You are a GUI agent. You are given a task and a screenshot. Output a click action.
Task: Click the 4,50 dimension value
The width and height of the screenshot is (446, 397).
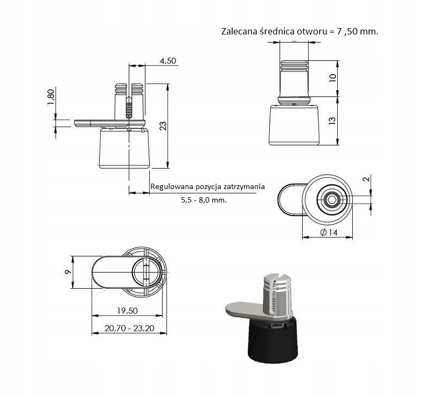pyautogui.click(x=168, y=61)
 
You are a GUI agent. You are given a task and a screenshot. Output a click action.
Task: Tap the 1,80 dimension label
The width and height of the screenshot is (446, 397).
pyautogui.click(x=51, y=97)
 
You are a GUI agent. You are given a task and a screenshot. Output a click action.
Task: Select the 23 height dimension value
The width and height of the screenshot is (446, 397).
pyautogui.click(x=163, y=126)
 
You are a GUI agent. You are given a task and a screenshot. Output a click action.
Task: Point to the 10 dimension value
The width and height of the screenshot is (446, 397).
pyautogui.click(x=332, y=78)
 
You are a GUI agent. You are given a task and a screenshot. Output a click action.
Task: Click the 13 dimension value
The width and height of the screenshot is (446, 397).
pyautogui.click(x=332, y=121)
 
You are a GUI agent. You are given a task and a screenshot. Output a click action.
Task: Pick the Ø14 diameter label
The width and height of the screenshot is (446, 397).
pyautogui.click(x=329, y=232)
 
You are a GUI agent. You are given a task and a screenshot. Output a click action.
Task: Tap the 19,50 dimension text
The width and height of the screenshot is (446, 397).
pyautogui.click(x=128, y=311)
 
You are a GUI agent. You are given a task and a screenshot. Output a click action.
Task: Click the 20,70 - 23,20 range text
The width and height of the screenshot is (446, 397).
pyautogui.click(x=129, y=328)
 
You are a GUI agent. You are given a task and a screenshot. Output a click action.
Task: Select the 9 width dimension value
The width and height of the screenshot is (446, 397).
pyautogui.click(x=68, y=272)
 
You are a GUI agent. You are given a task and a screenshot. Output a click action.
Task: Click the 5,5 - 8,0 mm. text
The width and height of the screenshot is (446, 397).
pyautogui.click(x=204, y=200)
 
